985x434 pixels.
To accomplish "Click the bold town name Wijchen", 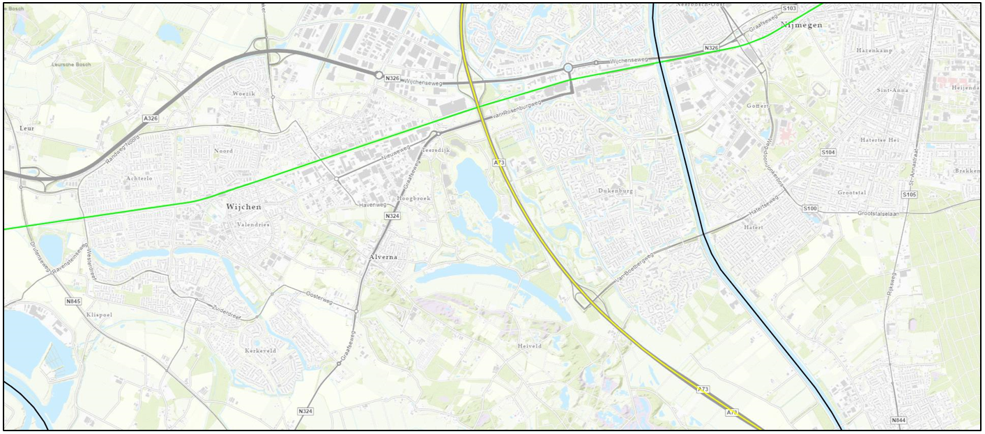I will [x=243, y=207].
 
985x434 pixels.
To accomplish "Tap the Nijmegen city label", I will [x=802, y=25].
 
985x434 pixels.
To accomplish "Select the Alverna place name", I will [x=383, y=257].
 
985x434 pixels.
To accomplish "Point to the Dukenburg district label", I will [x=615, y=190].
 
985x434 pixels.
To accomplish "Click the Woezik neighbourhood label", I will [x=244, y=93].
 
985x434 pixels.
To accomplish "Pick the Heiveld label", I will [x=530, y=346].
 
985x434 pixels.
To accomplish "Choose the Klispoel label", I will [x=99, y=315].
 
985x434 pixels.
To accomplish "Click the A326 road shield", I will [x=151, y=118].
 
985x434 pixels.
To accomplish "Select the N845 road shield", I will [x=73, y=301].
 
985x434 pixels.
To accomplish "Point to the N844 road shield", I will [x=899, y=421].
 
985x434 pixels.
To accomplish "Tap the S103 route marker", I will [x=789, y=8].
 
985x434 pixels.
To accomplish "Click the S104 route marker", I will [x=828, y=152].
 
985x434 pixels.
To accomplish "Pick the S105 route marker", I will [x=909, y=194].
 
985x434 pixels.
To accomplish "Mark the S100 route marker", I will [x=809, y=208].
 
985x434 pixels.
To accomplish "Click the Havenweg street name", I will [x=372, y=205].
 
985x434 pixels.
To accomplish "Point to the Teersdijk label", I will [x=437, y=150].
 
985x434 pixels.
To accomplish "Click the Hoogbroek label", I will [x=414, y=199].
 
